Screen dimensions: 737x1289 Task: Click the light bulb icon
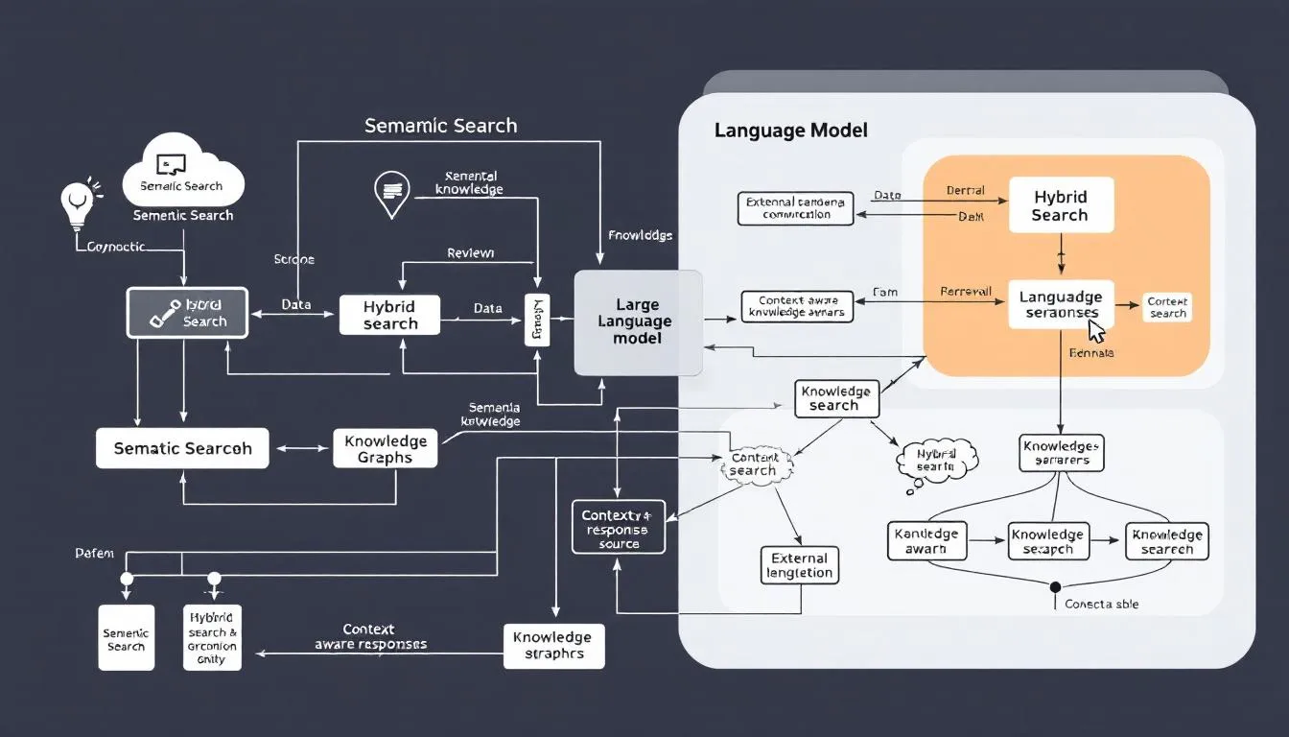coord(76,202)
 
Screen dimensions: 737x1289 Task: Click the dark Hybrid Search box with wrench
coord(188,313)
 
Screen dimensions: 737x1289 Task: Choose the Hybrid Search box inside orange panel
coord(1061,205)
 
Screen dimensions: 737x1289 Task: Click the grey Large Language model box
coord(638,323)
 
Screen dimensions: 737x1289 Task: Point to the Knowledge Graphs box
coord(385,449)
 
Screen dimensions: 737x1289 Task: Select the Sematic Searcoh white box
coord(182,448)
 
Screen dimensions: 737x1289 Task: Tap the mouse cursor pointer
coord(1096,332)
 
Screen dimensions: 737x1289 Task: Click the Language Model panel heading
coord(790,130)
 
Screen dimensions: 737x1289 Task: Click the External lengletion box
coord(799,565)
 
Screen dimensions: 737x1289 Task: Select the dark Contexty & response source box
coord(619,527)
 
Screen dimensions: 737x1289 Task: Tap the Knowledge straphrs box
coord(554,646)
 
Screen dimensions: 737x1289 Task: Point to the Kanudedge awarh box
coord(926,541)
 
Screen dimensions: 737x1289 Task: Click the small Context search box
coord(1167,308)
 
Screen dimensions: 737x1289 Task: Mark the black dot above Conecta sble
coord(1055,586)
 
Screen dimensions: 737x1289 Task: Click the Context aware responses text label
coord(370,637)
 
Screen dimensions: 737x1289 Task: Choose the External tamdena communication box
coord(796,208)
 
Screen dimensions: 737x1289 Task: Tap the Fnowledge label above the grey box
coord(640,235)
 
